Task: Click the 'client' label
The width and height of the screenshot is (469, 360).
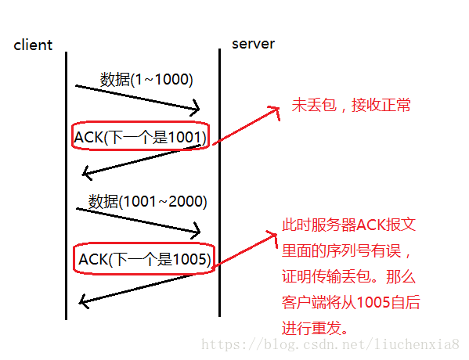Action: click(x=33, y=45)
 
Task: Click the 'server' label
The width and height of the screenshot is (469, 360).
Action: click(x=253, y=43)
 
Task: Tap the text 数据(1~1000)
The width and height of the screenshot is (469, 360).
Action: click(x=146, y=79)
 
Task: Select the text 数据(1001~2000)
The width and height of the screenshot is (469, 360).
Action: click(x=147, y=201)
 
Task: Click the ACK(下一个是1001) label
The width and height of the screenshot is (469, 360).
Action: click(x=140, y=138)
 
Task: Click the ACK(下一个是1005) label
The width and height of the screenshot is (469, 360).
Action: click(x=144, y=258)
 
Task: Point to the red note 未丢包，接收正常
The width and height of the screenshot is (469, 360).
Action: click(x=352, y=105)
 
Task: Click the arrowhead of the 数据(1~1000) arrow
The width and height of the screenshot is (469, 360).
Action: click(x=196, y=109)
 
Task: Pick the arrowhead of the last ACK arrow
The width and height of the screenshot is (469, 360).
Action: click(x=84, y=299)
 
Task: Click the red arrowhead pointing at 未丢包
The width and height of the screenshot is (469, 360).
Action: click(x=275, y=110)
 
